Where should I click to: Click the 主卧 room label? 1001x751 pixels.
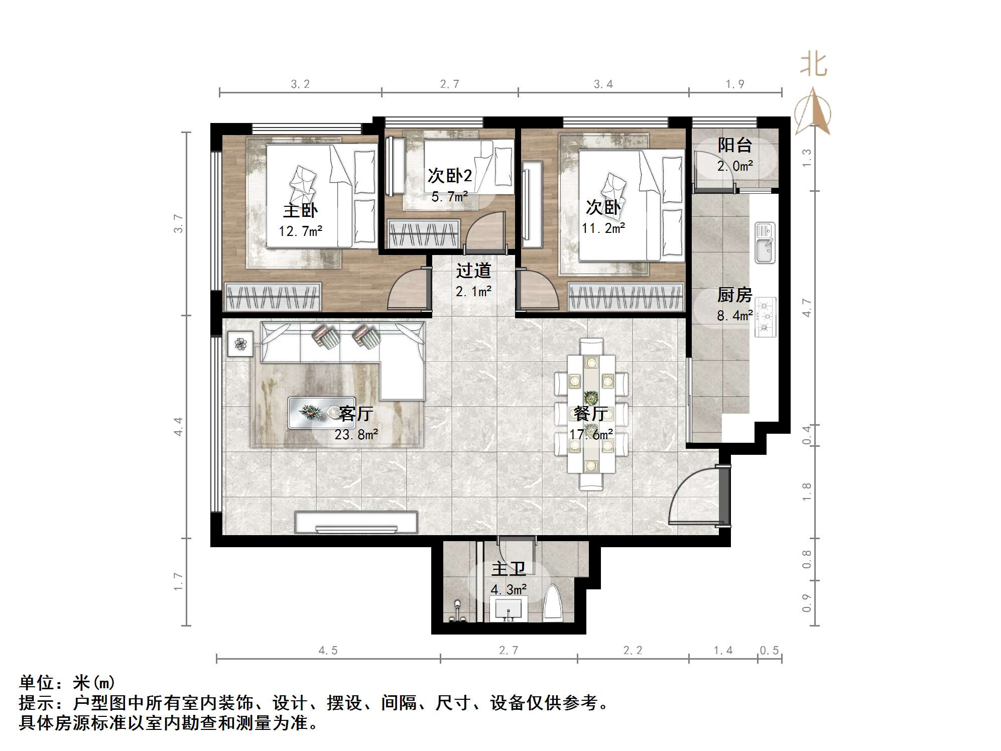(x=300, y=210)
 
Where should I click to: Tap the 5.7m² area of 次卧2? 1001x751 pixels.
(x=449, y=197)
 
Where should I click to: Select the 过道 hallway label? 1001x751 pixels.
(x=473, y=271)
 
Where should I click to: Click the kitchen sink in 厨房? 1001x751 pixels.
(x=765, y=243)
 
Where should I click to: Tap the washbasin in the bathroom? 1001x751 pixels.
(x=509, y=609)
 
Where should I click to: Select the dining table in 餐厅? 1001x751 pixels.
(x=591, y=414)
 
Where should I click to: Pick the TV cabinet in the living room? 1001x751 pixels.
(x=356, y=523)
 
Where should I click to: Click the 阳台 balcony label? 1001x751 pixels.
(x=734, y=145)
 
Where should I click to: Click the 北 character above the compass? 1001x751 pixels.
(x=813, y=65)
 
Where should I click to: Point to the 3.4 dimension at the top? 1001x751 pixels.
(x=603, y=84)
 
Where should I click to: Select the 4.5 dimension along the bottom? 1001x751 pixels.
(x=328, y=651)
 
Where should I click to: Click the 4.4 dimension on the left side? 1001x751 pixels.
(x=178, y=426)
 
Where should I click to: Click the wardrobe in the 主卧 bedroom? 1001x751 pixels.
(x=273, y=296)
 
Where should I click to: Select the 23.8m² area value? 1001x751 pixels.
(x=356, y=434)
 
